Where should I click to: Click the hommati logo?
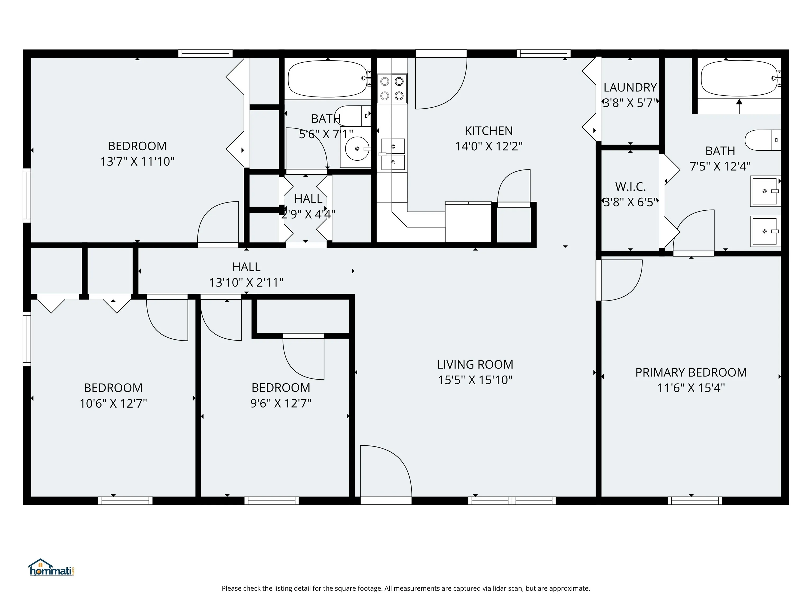tap(51, 568)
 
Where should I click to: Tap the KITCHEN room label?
tap(488, 131)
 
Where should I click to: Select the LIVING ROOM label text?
tap(475, 365)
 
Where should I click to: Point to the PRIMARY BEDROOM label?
tap(691, 372)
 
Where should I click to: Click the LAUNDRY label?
tap(630, 87)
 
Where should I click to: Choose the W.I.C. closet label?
tap(630, 187)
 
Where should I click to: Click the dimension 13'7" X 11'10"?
tap(137, 162)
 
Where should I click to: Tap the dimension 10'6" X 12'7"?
tap(113, 403)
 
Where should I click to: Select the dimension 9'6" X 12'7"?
tap(281, 403)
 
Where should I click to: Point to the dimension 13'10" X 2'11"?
tap(246, 282)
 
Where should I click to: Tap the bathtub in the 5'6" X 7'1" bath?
tap(328, 79)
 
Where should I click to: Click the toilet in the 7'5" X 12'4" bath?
tap(763, 140)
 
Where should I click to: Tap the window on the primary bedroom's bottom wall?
tap(695, 500)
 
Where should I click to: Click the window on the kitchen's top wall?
tap(544, 54)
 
